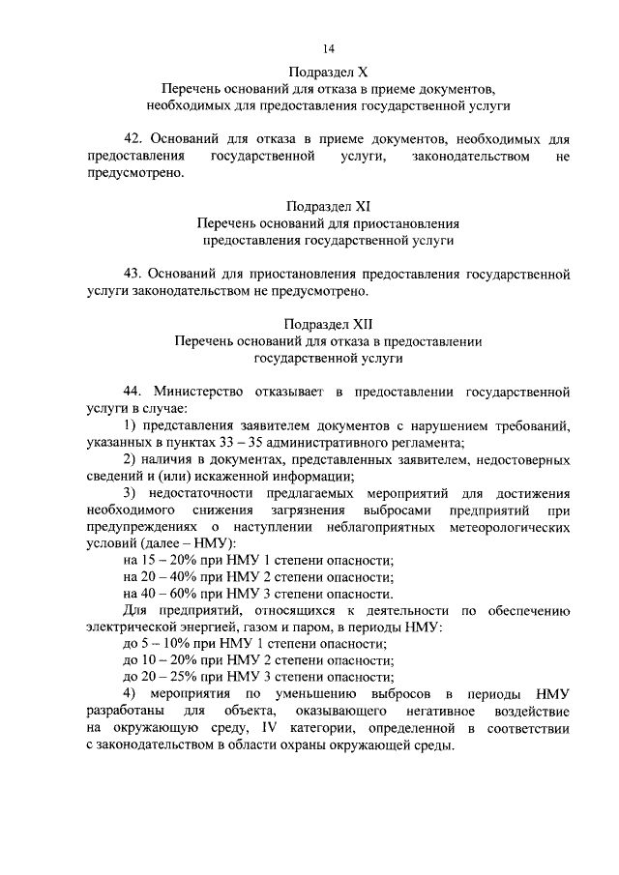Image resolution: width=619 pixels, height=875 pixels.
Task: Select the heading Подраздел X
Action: (329, 71)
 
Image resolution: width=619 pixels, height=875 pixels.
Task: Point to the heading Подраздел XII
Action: (329, 325)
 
